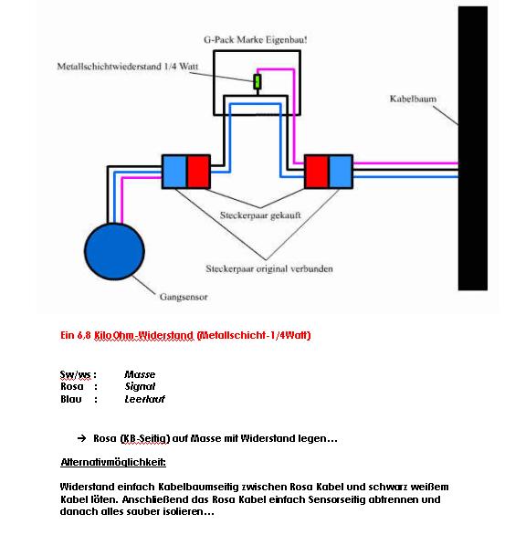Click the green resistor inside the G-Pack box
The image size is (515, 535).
pyautogui.click(x=257, y=81)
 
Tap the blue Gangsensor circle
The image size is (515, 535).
pyautogui.click(x=115, y=251)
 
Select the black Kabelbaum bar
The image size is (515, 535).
pyautogui.click(x=473, y=149)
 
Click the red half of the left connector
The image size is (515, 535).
pyautogui.click(x=199, y=172)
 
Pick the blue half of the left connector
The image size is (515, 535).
pyautogui.click(x=174, y=172)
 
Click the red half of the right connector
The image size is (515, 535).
pyautogui.click(x=316, y=172)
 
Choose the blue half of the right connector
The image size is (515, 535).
pyautogui.click(x=341, y=172)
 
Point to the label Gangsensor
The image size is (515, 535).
pyautogui.click(x=184, y=297)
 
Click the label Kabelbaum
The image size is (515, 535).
pyautogui.click(x=413, y=99)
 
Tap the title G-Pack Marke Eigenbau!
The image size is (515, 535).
pyautogui.click(x=256, y=40)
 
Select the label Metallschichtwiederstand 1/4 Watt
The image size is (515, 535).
pyautogui.click(x=128, y=67)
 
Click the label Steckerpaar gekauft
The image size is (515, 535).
pyautogui.click(x=260, y=215)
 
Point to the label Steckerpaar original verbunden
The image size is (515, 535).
pyautogui.click(x=269, y=268)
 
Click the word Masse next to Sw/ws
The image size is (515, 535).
pyautogui.click(x=140, y=374)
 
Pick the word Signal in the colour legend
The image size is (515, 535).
pyautogui.click(x=140, y=386)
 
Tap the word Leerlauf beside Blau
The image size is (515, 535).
pyautogui.click(x=144, y=399)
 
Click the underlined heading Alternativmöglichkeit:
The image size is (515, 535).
pyautogui.click(x=113, y=462)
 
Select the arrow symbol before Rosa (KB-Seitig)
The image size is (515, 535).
pyautogui.click(x=82, y=438)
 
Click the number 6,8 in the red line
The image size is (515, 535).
pyautogui.click(x=84, y=335)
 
